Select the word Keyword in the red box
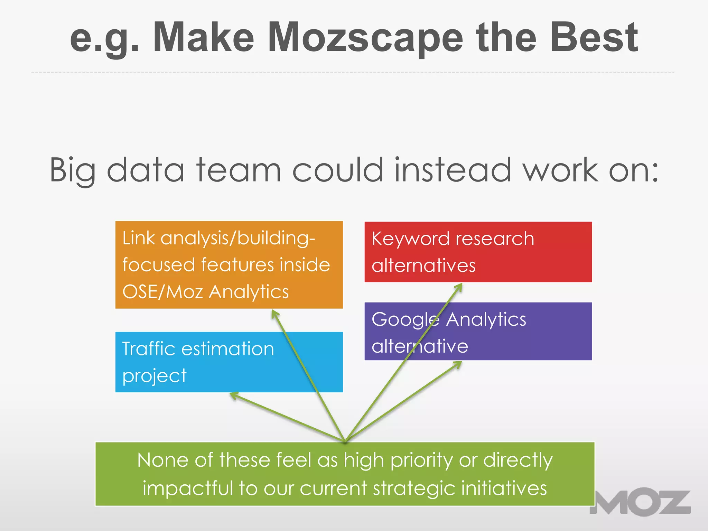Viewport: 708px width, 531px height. point(411,239)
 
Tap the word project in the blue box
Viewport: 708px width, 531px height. point(154,376)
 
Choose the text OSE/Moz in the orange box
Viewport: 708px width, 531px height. point(162,292)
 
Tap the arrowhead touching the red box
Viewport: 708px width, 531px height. point(459,287)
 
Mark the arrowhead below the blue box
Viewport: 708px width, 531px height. point(234,395)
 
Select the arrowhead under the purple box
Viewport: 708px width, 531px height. point(458,364)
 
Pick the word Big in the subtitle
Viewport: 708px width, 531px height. point(72,170)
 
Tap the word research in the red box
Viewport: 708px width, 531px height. point(495,239)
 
